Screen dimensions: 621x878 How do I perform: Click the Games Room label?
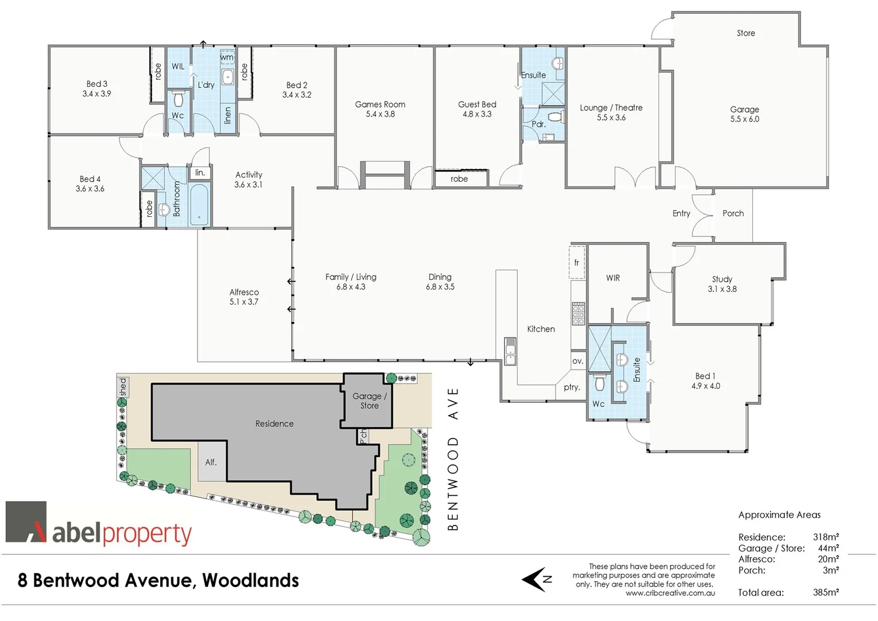point(380,105)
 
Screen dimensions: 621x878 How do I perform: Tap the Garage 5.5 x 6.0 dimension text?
point(745,119)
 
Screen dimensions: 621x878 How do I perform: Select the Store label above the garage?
point(746,33)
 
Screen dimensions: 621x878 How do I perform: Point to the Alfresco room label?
point(244,292)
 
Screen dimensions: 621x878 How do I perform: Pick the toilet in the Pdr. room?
point(554,117)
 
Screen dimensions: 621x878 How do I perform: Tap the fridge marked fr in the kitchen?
point(577,263)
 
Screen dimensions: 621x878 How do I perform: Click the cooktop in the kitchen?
point(578,313)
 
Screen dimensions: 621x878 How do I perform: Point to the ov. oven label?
point(577,361)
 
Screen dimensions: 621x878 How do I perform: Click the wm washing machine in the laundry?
point(228,57)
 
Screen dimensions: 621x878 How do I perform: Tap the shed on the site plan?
point(122,386)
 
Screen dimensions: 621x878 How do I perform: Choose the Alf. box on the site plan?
point(211,462)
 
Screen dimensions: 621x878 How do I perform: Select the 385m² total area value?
point(826,592)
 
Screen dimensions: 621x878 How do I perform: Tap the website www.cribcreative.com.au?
point(670,593)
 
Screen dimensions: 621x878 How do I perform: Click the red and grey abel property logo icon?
point(26,522)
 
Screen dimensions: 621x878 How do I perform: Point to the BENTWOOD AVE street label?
point(453,459)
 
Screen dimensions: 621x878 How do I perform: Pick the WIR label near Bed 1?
point(613,278)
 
